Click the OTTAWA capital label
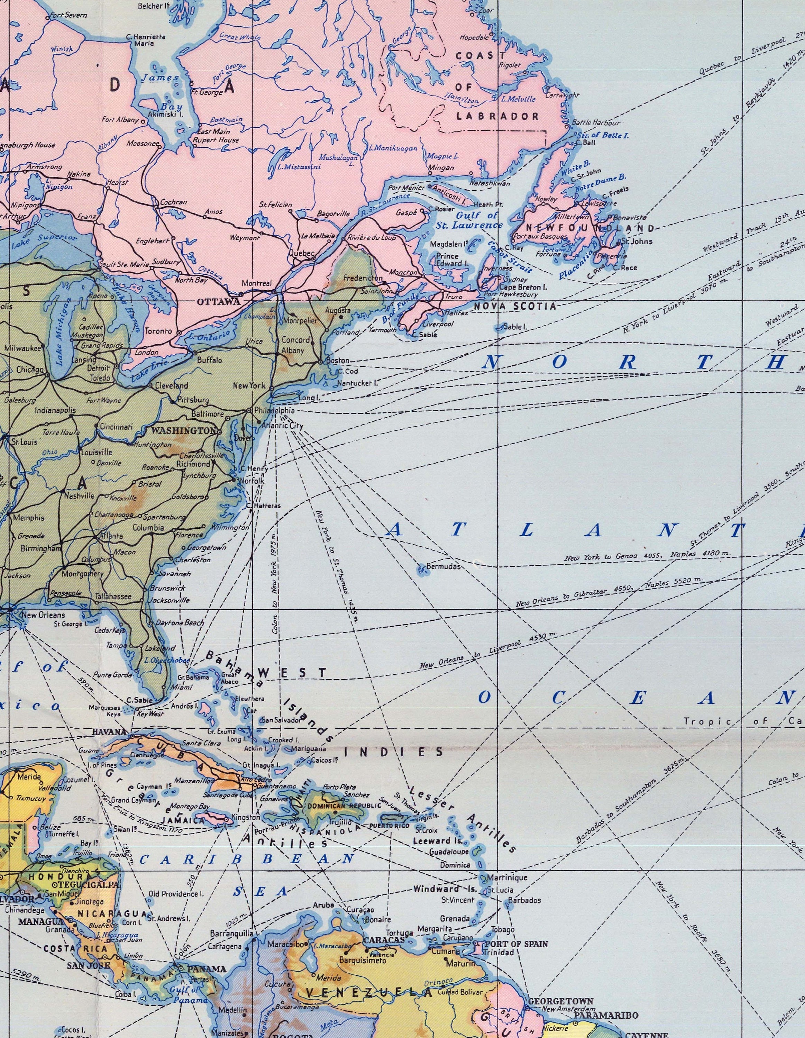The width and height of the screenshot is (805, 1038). tap(212, 301)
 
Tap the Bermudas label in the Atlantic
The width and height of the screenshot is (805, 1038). tap(443, 566)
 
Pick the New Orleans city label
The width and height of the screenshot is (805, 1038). tap(44, 615)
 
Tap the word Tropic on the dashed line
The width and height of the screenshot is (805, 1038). tap(702, 721)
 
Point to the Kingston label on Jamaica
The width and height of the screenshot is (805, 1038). tap(246, 818)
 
